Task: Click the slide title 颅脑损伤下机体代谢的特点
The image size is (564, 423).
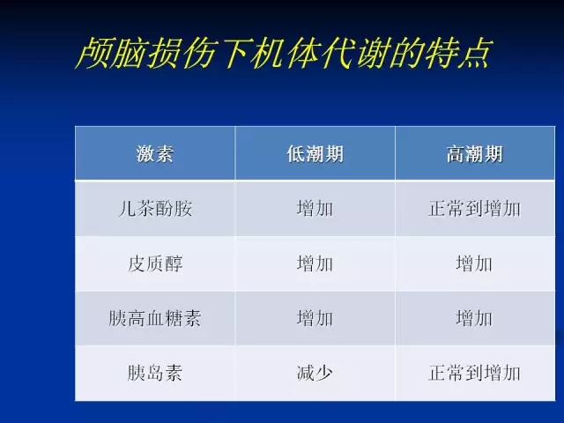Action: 284,53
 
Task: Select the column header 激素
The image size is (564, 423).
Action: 155,154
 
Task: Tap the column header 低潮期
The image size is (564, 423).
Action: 315,154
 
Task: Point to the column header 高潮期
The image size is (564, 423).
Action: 474,154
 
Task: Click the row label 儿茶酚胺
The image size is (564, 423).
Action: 155,209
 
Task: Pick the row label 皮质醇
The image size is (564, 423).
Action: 155,263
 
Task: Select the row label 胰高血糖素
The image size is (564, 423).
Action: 155,318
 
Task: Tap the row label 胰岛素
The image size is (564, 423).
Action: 155,373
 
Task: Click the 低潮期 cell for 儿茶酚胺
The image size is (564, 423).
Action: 315,209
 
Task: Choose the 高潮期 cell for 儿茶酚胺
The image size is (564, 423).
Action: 474,209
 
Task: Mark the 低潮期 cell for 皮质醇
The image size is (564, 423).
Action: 315,263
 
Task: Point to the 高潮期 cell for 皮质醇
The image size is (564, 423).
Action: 474,263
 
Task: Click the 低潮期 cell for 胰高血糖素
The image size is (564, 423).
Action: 315,318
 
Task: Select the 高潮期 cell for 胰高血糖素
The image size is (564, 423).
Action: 474,318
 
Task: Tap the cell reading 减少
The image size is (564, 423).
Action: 315,373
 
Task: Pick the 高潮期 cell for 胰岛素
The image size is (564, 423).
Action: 474,373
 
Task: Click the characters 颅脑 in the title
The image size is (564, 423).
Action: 111,53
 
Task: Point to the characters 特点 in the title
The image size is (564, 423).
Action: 457,53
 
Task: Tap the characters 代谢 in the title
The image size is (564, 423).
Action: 353,53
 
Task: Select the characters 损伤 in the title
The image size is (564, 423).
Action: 181,53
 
